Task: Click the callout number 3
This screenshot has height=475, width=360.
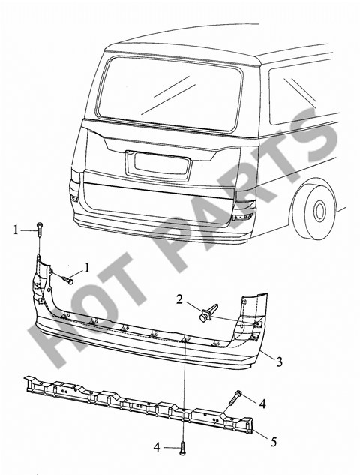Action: (278, 361)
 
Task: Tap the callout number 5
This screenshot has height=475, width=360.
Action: (274, 442)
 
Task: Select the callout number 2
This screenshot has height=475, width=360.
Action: (180, 300)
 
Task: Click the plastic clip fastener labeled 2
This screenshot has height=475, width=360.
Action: (209, 313)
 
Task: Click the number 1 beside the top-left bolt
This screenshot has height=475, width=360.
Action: (16, 230)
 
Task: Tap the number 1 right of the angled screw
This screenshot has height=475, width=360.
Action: (87, 268)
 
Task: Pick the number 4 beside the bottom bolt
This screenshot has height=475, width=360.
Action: (157, 447)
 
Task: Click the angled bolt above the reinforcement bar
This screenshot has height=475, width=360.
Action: (234, 398)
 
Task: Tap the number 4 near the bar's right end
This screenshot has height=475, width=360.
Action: (262, 404)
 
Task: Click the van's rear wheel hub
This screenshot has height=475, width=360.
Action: (319, 211)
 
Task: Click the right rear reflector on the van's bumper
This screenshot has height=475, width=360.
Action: (242, 217)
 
